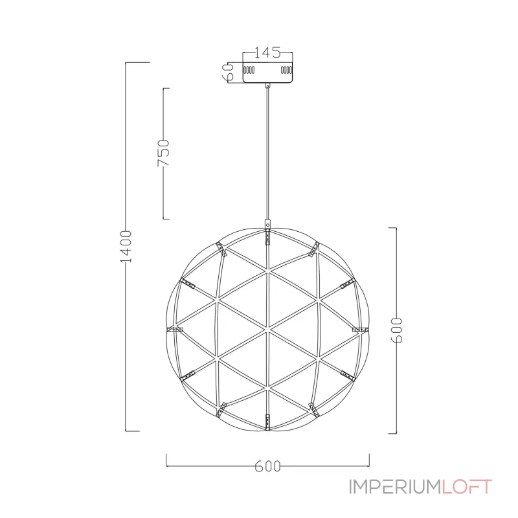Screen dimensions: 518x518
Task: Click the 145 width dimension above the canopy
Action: coord(267,52)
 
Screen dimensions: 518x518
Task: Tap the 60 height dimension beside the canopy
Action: coord(229,72)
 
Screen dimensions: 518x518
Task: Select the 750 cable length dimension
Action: coord(163,153)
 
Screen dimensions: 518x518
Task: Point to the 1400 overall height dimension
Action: coord(126,247)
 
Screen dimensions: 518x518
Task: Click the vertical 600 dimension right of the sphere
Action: coord(396,330)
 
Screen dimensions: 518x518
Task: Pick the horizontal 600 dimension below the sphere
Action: coord(267,466)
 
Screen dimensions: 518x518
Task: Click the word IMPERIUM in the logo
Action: coord(396,487)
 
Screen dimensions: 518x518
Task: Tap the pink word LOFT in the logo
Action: coord(467,487)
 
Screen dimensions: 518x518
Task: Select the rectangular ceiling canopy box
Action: coord(267,72)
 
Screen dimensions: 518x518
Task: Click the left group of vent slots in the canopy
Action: coord(249,70)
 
